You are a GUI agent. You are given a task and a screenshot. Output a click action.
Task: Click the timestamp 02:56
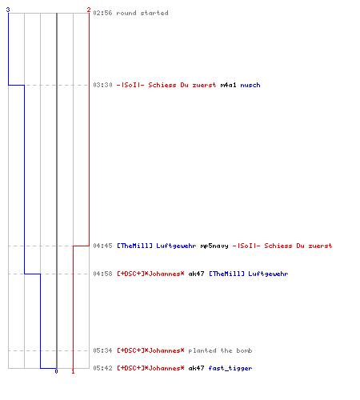pyautogui.click(x=102, y=13)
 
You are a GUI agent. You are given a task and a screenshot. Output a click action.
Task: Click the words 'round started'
pyautogui.click(x=142, y=13)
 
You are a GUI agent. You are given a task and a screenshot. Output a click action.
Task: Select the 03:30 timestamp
pyautogui.click(x=102, y=85)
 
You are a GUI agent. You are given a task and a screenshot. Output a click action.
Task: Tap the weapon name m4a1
pyautogui.click(x=228, y=85)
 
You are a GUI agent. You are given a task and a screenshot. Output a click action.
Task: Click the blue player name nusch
pyautogui.click(x=250, y=85)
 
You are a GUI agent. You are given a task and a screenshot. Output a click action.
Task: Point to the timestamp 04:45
pyautogui.click(x=102, y=246)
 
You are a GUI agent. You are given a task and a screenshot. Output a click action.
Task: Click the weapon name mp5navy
pyautogui.click(x=214, y=246)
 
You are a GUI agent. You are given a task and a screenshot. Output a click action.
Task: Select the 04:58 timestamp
pyautogui.click(x=102, y=274)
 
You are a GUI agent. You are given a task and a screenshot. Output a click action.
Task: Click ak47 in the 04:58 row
pyautogui.click(x=196, y=274)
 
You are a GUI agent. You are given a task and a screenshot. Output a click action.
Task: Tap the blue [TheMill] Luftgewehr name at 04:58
pyautogui.click(x=248, y=274)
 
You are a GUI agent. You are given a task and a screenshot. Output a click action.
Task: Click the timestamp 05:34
pyautogui.click(x=102, y=350)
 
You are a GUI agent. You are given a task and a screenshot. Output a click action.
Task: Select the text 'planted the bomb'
pyautogui.click(x=220, y=350)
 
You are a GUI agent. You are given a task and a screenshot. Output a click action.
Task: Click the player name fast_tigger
pyautogui.click(x=230, y=368)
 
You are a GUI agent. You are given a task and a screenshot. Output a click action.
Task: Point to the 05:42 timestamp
pyautogui.click(x=102, y=368)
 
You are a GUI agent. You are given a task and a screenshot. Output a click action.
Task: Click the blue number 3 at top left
pyautogui.click(x=8, y=10)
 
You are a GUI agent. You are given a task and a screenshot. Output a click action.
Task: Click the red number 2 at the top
pyautogui.click(x=89, y=10)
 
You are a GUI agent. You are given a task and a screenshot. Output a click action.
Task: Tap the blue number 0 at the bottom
pyautogui.click(x=56, y=371)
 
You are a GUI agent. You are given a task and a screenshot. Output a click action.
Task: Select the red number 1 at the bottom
pyautogui.click(x=73, y=371)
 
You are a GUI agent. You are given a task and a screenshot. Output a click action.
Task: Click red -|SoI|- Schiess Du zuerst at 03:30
pyautogui.click(x=166, y=85)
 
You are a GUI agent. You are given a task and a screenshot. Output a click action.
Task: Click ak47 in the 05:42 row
pyautogui.click(x=196, y=368)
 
